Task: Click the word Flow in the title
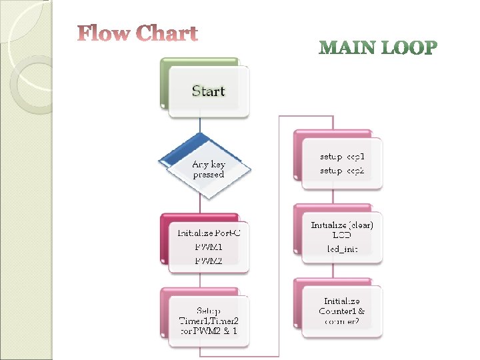point(104,33)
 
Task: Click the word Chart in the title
point(166,33)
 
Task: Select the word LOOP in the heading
point(407,48)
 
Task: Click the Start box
point(208,91)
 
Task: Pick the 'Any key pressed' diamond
point(208,168)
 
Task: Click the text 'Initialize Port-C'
point(208,233)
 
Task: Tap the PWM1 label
point(208,247)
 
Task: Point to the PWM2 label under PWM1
point(208,261)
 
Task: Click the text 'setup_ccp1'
point(342,157)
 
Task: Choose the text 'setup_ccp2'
point(342,171)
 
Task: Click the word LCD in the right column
point(342,235)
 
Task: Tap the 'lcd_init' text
point(342,249)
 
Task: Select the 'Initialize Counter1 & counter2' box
point(342,311)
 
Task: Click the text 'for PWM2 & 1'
point(208,331)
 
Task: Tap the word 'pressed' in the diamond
point(208,175)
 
